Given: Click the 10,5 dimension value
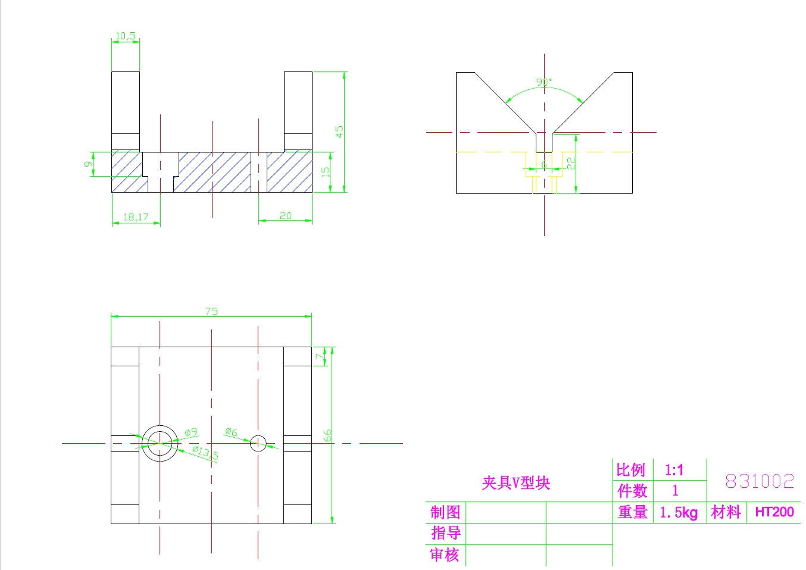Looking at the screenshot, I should [125, 36].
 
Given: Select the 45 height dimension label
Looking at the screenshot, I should [339, 132].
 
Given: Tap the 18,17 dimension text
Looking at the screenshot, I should [136, 217].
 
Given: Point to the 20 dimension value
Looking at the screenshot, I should [286, 216].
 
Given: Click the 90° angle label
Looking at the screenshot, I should [544, 82].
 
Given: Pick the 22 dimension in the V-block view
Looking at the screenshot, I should [570, 163].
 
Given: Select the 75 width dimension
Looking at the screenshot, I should [211, 311].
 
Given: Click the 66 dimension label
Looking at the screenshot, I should [327, 435].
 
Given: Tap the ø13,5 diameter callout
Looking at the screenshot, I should [205, 453].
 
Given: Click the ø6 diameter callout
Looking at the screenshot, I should [231, 432].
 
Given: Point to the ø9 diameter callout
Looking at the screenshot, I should [190, 432].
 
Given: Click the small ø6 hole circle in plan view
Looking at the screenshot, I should [258, 443].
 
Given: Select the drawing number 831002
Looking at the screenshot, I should [760, 481].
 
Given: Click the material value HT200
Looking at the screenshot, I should [774, 512].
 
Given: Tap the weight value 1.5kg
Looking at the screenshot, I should [679, 512].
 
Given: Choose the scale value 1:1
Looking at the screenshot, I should [674, 471].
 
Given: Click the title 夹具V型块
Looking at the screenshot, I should [516, 483].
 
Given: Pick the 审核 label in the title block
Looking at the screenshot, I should [445, 555].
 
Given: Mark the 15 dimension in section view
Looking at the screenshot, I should [325, 172].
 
